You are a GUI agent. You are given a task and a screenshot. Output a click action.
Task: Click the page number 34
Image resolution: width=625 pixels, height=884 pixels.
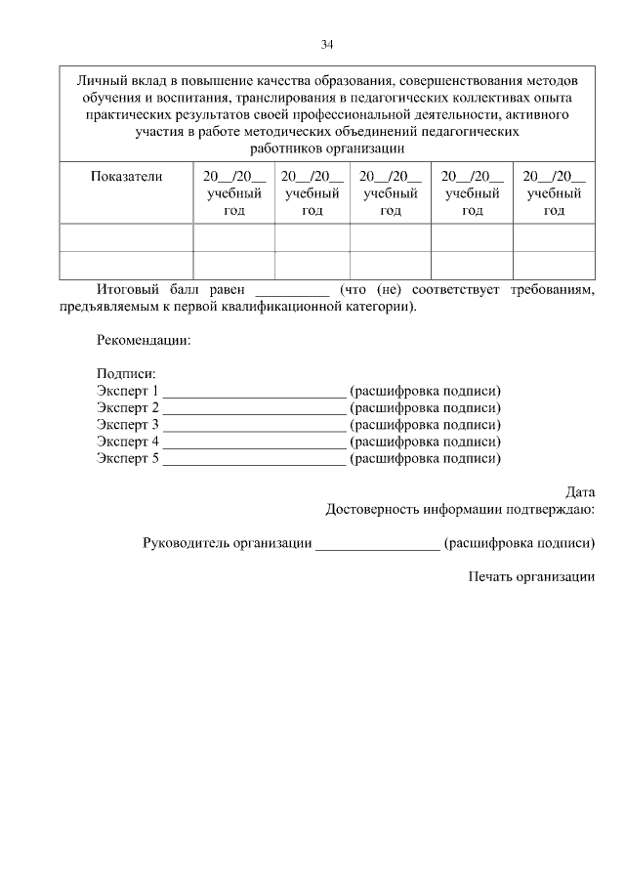[327, 44]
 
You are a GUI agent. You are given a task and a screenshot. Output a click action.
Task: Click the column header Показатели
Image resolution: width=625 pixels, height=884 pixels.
[126, 177]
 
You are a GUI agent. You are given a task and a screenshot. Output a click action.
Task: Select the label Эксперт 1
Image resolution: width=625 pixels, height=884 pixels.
[127, 392]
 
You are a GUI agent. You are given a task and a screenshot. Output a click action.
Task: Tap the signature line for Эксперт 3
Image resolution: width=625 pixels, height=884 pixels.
[254, 427]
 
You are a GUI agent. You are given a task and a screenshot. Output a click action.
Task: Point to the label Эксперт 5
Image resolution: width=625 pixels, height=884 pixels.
[127, 458]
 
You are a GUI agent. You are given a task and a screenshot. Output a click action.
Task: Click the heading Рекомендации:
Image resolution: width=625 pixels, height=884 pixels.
[144, 341]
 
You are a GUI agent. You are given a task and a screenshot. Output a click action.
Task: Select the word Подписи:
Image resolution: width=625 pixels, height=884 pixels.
[126, 374]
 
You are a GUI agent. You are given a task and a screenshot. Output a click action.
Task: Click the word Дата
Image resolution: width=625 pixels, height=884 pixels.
[580, 492]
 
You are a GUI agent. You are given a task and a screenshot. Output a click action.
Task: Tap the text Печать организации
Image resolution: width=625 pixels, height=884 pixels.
[531, 576]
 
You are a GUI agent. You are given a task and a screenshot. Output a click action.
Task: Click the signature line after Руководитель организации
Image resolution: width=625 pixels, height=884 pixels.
[377, 544]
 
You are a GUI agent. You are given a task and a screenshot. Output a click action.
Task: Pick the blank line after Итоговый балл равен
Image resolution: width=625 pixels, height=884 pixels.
[292, 291]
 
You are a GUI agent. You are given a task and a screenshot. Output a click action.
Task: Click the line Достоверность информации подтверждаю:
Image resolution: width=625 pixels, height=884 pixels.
[460, 509]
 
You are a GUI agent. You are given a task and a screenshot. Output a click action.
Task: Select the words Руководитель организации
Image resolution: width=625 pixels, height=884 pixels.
[227, 542]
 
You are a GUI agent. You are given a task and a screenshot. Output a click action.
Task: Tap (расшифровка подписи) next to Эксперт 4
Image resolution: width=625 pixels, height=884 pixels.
[425, 442]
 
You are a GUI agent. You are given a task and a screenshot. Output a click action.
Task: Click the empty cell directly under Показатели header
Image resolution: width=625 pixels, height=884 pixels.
[126, 237]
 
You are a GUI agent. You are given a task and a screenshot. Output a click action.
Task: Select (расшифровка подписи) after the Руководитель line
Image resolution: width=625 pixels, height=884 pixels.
[519, 542]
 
